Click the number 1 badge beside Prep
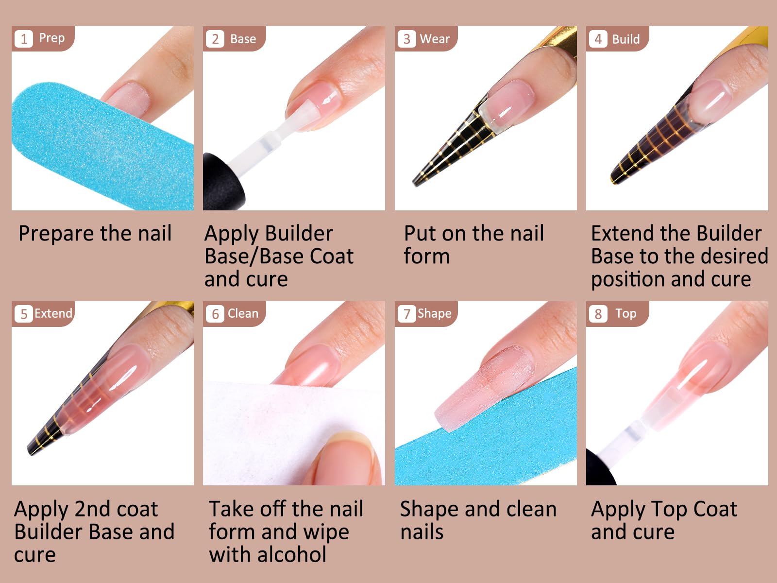[24, 38]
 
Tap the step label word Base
[243, 39]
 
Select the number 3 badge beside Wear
[407, 38]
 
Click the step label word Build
[626, 39]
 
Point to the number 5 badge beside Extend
[24, 314]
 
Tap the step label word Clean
[243, 313]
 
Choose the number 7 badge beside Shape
[407, 314]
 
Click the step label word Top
[626, 314]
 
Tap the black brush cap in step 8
[600, 468]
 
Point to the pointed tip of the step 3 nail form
[415, 184]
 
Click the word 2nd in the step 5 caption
[89, 509]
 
